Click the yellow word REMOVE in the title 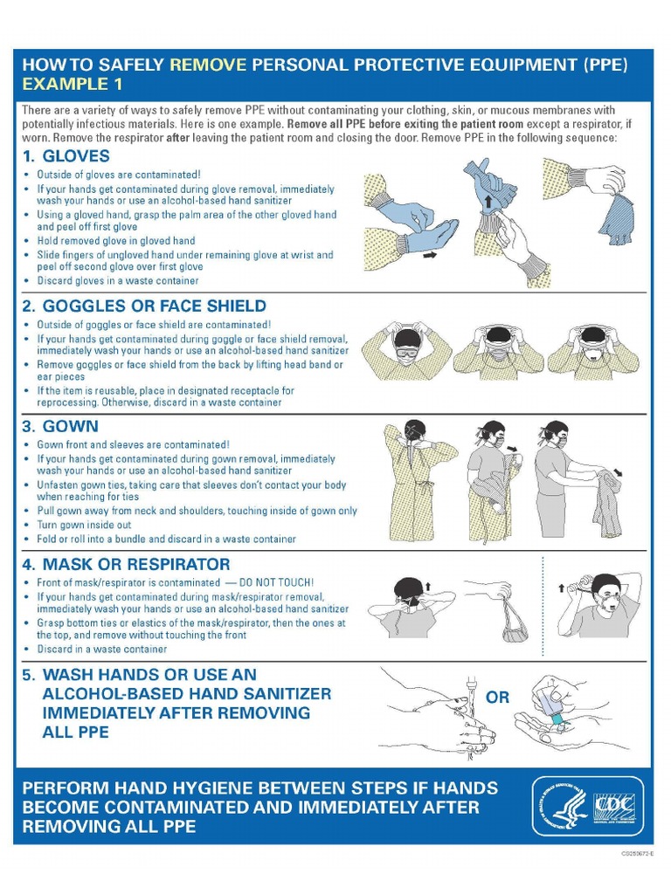click(x=209, y=65)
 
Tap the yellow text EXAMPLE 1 click(x=73, y=85)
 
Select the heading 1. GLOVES click(x=66, y=156)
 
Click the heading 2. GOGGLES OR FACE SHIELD click(x=144, y=306)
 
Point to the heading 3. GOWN click(x=60, y=427)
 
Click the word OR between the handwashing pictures click(x=497, y=698)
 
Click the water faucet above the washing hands click(x=470, y=684)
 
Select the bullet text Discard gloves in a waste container click(x=118, y=281)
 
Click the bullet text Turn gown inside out click(x=85, y=525)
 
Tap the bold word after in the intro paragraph click(x=178, y=138)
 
